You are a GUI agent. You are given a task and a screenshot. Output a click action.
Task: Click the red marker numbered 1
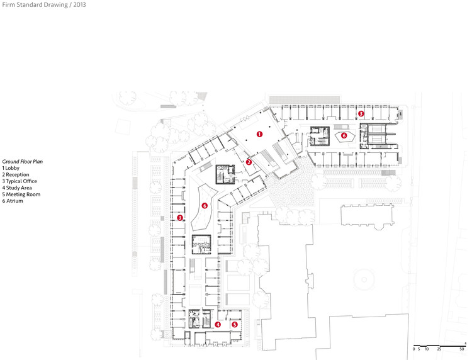click(259, 134)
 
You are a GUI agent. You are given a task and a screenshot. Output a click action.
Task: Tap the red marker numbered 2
click(249, 162)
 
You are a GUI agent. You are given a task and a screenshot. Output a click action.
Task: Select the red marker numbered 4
click(218, 325)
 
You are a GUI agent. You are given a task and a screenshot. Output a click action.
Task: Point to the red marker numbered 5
click(235, 325)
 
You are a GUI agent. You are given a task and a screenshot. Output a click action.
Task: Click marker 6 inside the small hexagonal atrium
click(344, 135)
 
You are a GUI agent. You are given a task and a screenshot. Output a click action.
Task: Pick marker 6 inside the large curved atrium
click(205, 205)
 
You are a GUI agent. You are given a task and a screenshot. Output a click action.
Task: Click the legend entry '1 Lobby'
click(12, 169)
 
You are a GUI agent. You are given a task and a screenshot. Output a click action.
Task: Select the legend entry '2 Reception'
click(16, 175)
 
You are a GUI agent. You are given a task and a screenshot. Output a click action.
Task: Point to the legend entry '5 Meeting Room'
click(21, 194)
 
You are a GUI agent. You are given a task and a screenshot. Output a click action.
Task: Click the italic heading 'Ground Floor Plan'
click(22, 162)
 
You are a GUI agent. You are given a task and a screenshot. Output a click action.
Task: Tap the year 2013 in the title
click(80, 4)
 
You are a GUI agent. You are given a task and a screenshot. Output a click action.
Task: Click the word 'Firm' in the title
click(9, 4)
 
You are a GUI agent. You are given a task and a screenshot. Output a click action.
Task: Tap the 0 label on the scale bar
click(414, 348)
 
